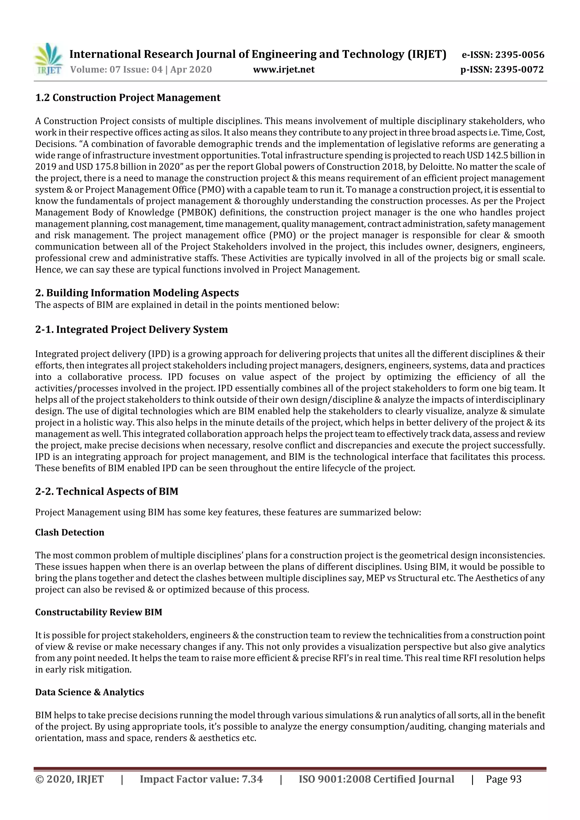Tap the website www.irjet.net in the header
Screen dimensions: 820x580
point(284,69)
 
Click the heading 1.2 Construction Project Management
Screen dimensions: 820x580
point(127,97)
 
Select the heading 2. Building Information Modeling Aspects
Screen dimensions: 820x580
point(137,293)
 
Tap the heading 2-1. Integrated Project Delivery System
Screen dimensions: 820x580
point(131,329)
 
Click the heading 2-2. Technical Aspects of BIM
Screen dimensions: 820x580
point(106,491)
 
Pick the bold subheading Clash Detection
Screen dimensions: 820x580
point(70,532)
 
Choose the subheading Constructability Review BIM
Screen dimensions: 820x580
point(99,613)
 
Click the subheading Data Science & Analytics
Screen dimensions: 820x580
point(89,692)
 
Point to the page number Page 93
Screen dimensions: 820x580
point(504,779)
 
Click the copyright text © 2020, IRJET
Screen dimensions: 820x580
point(69,779)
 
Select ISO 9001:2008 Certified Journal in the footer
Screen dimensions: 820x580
point(376,779)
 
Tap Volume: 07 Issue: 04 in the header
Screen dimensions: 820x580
point(116,69)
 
